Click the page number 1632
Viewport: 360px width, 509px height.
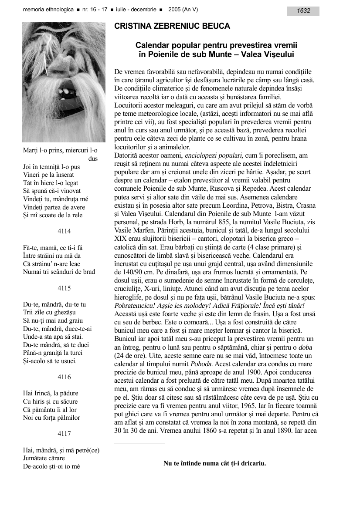click(303, 11)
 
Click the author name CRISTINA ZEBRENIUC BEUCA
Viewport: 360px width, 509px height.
click(172, 27)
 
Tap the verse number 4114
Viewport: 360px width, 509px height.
click(64, 231)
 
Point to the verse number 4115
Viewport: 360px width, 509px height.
click(64, 288)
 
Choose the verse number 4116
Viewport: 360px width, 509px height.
click(64, 377)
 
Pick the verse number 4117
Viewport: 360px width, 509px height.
click(64, 434)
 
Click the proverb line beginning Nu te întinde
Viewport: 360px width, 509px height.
click(214, 463)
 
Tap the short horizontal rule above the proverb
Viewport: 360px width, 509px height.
click(139, 444)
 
